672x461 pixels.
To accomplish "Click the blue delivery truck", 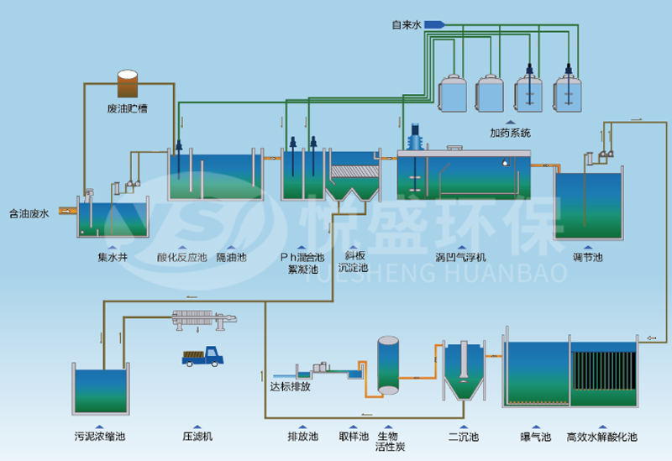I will [x=204, y=357].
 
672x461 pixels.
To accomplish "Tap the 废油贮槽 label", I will [x=128, y=108].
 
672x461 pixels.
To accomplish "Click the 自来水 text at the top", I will [x=406, y=24].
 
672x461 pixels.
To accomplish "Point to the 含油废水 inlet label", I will [x=29, y=213].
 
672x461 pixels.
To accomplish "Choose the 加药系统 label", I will [x=511, y=133].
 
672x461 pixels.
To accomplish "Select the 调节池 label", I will [x=588, y=257].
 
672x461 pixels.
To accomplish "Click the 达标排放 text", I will [x=290, y=387].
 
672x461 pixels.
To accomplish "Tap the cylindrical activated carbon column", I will [x=388, y=365].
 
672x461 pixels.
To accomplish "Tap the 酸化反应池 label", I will [x=181, y=257].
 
